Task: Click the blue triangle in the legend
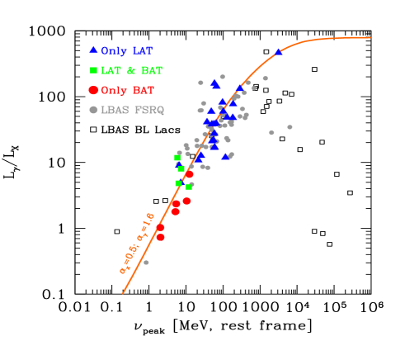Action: coord(93,50)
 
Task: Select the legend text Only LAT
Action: coord(126,51)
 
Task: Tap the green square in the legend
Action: coord(93,70)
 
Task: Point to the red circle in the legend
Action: coord(93,90)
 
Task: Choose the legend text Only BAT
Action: coord(127,91)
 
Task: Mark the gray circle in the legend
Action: coord(93,110)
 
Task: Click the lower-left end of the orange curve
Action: coord(123,292)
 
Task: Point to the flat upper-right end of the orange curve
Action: coord(369,37)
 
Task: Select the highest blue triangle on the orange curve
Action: coord(278,52)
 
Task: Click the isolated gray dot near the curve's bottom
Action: coord(146,262)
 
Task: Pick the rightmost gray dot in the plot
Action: coord(290,127)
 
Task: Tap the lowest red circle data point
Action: coord(161,237)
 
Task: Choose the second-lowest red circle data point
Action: coord(160,227)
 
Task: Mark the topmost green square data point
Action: coord(177,157)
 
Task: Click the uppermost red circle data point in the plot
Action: coord(189,174)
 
